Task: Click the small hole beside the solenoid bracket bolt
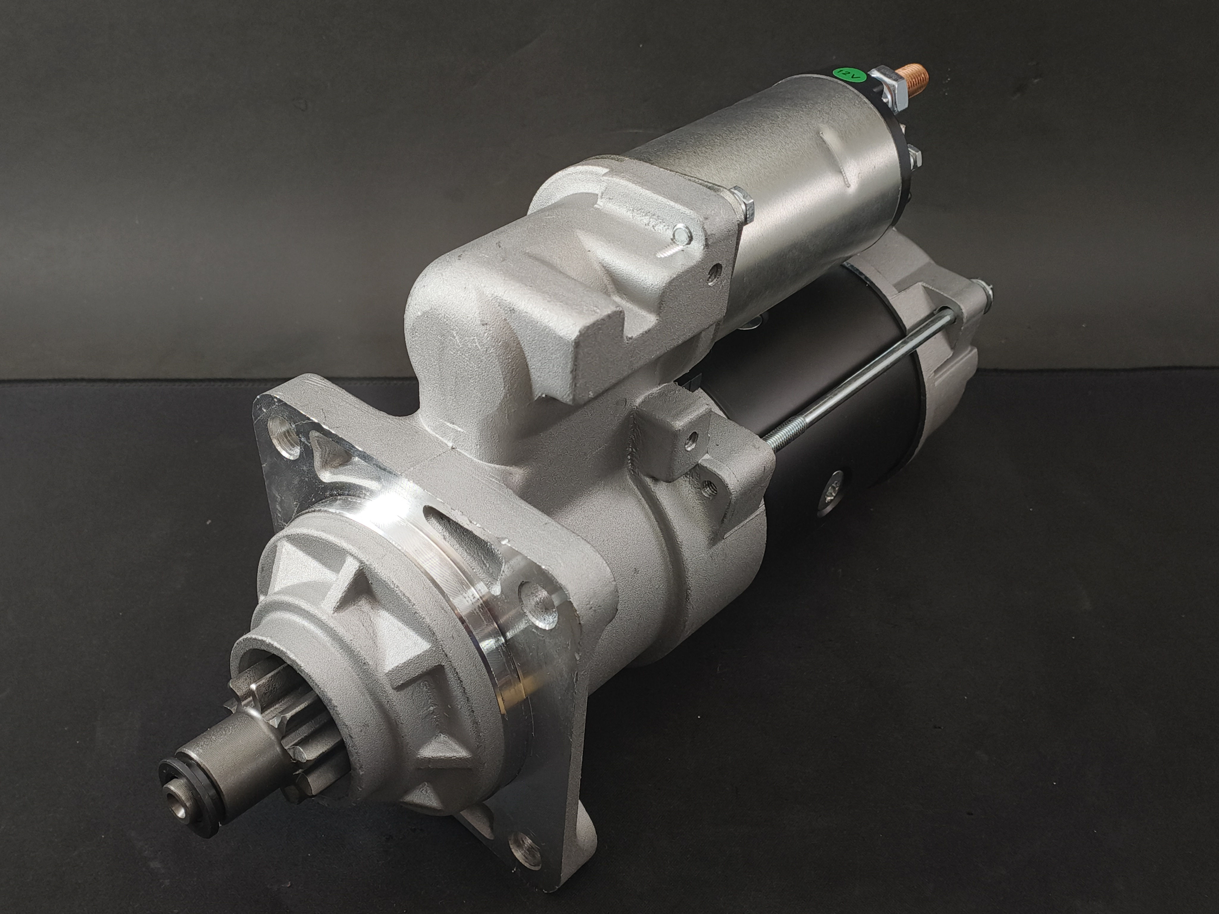716,271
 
